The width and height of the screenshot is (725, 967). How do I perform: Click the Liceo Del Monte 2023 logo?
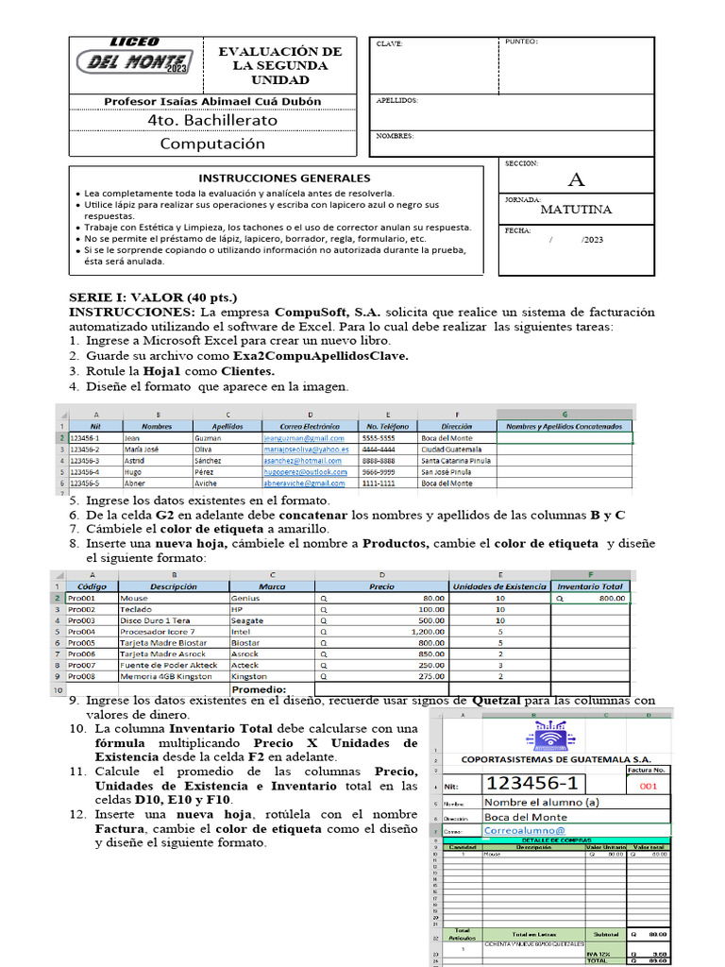(133, 59)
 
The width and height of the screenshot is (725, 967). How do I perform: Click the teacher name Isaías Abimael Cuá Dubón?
(212, 101)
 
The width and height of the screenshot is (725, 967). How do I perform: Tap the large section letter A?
(576, 179)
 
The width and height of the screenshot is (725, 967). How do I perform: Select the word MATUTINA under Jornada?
(576, 210)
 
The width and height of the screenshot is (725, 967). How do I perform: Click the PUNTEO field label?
(521, 42)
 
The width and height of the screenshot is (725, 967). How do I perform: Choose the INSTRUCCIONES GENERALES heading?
(284, 178)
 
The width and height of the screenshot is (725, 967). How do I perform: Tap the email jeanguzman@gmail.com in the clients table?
(304, 438)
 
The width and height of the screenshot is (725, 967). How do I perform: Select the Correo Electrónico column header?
(310, 426)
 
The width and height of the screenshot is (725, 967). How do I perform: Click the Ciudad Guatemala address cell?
(451, 450)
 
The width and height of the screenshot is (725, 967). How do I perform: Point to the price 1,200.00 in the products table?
(428, 631)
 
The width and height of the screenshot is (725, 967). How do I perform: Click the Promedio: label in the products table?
(259, 689)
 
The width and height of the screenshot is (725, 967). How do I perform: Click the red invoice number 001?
(648, 786)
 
